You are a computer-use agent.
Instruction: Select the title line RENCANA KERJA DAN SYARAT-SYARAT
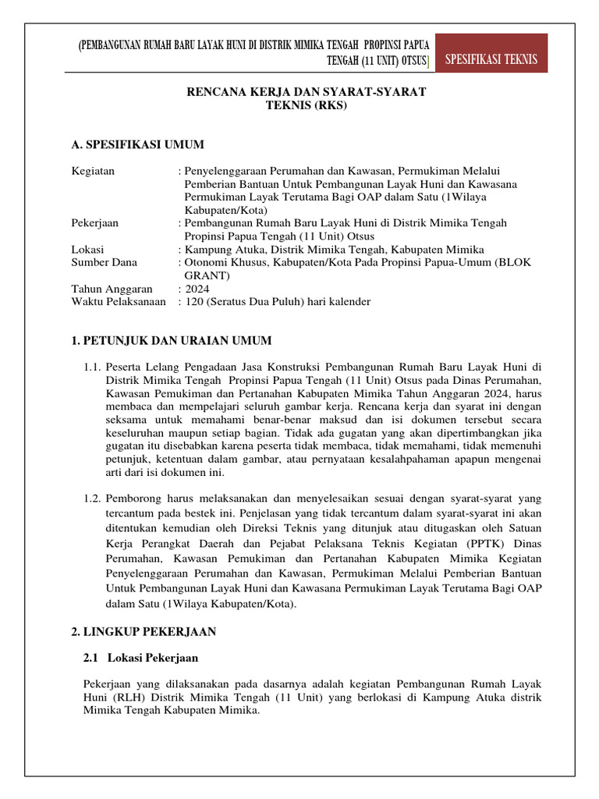click(x=305, y=92)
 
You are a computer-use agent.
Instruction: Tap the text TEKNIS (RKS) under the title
click(x=305, y=105)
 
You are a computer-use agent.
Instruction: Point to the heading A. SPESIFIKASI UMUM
click(x=137, y=144)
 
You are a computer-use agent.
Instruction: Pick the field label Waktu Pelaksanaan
click(x=119, y=302)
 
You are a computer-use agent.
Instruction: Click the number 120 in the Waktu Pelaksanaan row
click(x=193, y=302)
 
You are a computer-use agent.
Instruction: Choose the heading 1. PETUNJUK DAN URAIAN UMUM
click(x=171, y=340)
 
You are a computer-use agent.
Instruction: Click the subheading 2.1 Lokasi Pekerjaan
click(x=141, y=658)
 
